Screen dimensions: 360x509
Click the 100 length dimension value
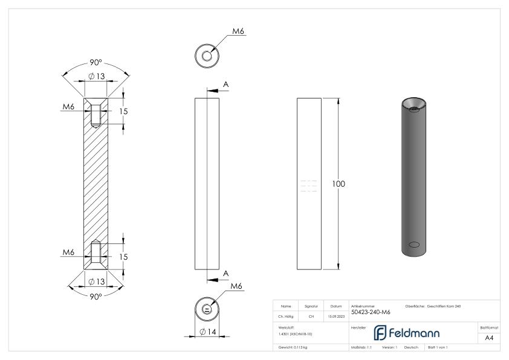click(x=339, y=184)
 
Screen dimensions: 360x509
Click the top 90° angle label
click(x=96, y=65)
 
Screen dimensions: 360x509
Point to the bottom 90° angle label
click(x=96, y=296)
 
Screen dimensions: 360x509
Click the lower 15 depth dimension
click(x=123, y=257)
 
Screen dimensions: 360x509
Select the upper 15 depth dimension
click(x=123, y=112)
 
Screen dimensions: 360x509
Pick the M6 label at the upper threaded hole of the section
click(x=68, y=108)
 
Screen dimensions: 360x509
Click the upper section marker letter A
click(x=225, y=84)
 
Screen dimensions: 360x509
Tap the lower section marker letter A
click(x=225, y=274)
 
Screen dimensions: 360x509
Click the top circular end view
click(x=207, y=56)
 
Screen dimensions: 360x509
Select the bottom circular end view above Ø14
click(x=207, y=309)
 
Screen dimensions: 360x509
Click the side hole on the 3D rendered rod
click(x=414, y=244)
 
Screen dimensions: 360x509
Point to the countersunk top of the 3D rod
click(x=414, y=104)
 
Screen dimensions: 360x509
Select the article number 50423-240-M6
click(x=370, y=312)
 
